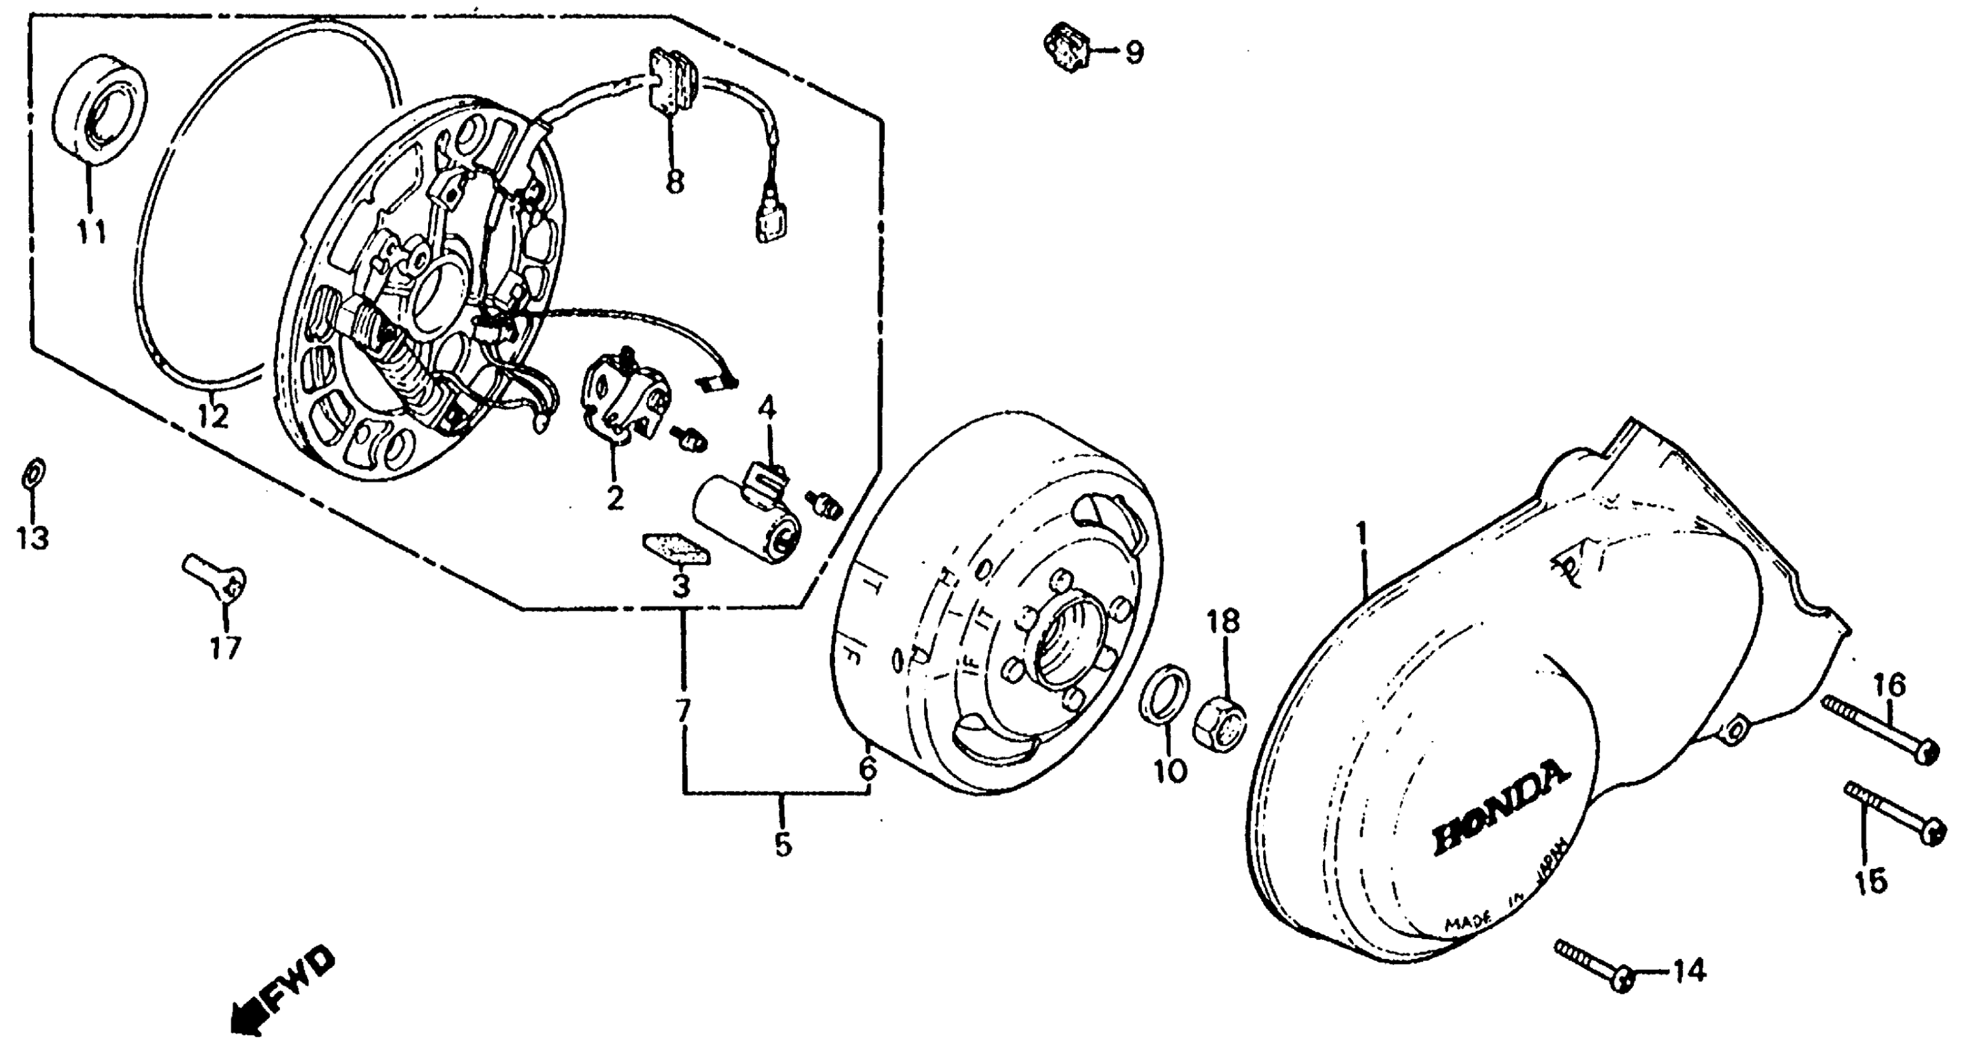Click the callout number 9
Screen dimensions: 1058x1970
click(x=1134, y=53)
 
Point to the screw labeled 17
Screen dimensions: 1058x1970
click(x=216, y=583)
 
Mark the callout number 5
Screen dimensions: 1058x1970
click(x=782, y=845)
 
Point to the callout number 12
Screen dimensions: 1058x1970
click(x=213, y=417)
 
